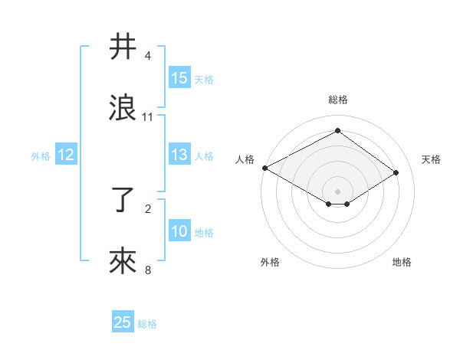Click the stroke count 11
pyautogui.click(x=148, y=117)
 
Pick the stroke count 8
pyautogui.click(x=148, y=270)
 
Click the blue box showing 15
pyautogui.click(x=179, y=78)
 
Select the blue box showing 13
pyautogui.click(x=179, y=155)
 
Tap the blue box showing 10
pyautogui.click(x=179, y=232)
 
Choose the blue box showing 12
pyautogui.click(x=65, y=155)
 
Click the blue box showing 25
pyautogui.click(x=123, y=323)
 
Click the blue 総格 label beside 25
pyautogui.click(x=147, y=324)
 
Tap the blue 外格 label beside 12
pyautogui.click(x=41, y=156)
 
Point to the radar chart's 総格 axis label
pyautogui.click(x=338, y=100)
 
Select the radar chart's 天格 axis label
pyautogui.click(x=431, y=159)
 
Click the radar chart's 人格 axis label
pyautogui.click(x=245, y=159)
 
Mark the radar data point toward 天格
pyautogui.click(x=396, y=172)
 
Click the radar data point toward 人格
pyautogui.click(x=264, y=168)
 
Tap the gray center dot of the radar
pyautogui.click(x=338, y=191)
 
